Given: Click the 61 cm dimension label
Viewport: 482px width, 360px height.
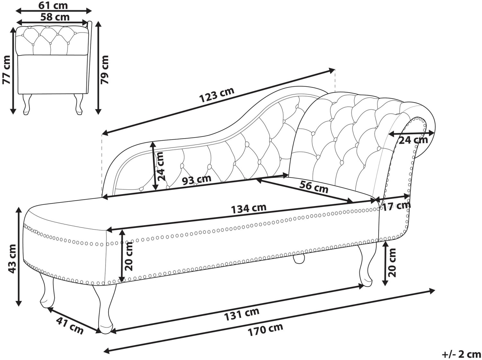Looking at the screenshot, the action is point(53,5).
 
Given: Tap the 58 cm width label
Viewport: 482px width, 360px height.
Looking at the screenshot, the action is point(55,17).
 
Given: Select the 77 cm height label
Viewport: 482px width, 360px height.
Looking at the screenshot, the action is point(6,69).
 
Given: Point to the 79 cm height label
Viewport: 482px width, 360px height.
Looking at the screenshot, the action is point(104,69).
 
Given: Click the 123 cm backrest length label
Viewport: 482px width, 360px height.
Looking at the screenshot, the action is point(217,95).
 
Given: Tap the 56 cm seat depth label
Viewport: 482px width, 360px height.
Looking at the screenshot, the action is point(314,186).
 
